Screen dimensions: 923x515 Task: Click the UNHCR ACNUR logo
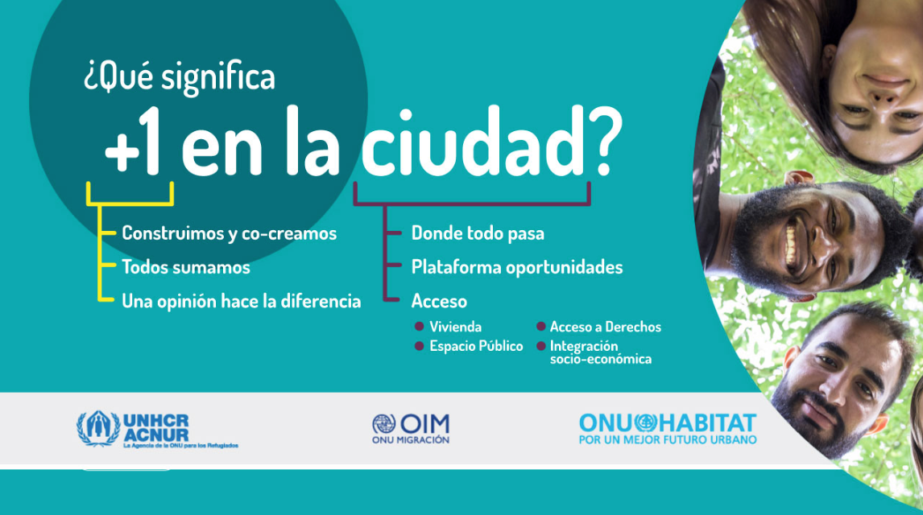157,430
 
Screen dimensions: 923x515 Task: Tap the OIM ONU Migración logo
410,429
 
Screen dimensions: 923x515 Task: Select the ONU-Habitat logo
668,429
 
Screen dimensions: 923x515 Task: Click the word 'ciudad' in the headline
473,142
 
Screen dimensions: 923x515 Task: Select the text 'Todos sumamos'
186,267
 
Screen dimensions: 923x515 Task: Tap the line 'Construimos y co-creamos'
229,233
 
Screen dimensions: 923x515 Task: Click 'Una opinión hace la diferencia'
242,301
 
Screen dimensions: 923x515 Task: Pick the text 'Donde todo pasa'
478,233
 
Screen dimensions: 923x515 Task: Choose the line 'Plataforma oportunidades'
517,267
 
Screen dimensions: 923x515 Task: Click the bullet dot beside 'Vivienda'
419,326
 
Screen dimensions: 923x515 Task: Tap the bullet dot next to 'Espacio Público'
419,346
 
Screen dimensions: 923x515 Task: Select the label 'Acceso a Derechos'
605,327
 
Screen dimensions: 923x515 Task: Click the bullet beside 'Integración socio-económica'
541,346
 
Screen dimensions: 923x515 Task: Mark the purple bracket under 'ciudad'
471,204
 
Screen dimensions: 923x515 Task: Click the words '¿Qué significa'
180,78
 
